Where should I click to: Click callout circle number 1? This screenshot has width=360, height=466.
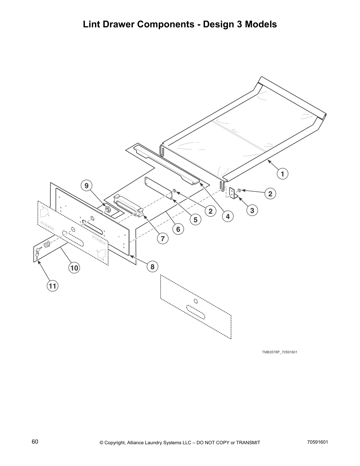tap(282, 174)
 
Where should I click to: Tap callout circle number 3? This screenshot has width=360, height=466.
tap(252, 210)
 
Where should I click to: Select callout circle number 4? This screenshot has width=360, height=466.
tap(228, 217)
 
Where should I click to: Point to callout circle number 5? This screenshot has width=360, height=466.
tap(195, 219)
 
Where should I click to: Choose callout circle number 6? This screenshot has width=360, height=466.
tap(178, 229)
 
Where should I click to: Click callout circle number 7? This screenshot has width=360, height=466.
tap(163, 239)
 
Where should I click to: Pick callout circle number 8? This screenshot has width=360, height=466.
tap(152, 267)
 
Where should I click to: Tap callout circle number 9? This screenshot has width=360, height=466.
tap(86, 186)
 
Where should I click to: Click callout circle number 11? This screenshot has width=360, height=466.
tap(52, 286)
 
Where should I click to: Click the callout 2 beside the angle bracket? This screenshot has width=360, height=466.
tap(270, 194)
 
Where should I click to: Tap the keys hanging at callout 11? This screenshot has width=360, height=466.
tap(37, 254)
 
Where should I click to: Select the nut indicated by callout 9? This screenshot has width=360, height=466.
tap(108, 209)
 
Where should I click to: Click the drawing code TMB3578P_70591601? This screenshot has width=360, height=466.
tap(279, 352)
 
